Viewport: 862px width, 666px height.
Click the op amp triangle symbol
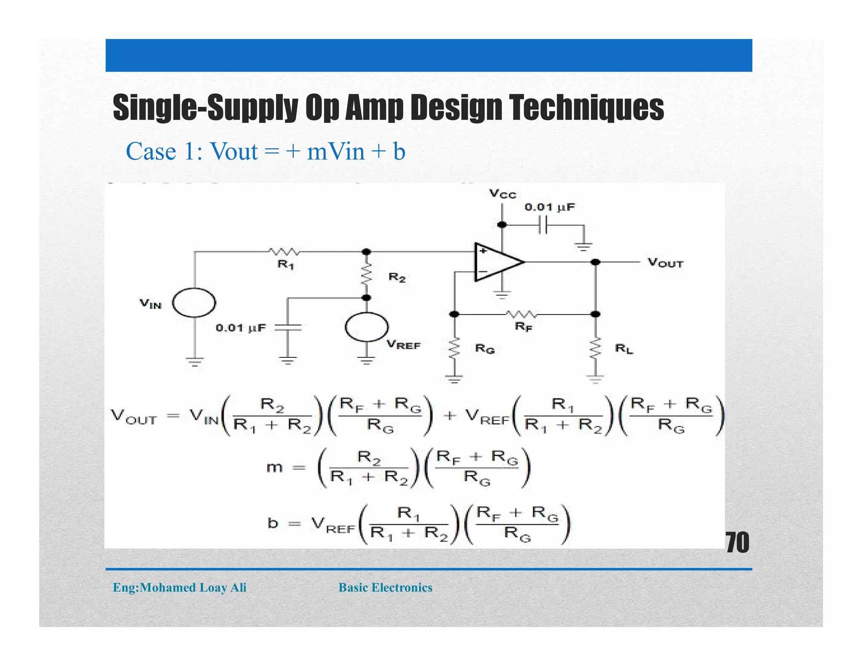tap(497, 262)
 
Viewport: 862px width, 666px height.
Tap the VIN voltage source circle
tap(194, 302)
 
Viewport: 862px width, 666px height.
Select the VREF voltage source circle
tap(366, 327)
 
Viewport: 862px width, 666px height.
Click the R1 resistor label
tap(286, 265)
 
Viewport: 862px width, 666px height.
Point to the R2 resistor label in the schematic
tap(397, 277)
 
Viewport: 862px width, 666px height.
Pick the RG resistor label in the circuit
tap(484, 349)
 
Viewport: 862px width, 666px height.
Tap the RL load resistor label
tap(624, 349)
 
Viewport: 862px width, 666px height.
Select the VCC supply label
tap(502, 194)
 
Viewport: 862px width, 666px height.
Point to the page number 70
tap(737, 543)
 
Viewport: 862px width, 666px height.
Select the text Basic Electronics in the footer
tap(385, 587)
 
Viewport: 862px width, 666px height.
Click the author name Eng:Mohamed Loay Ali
tap(179, 587)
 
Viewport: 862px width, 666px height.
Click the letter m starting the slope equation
tap(274, 467)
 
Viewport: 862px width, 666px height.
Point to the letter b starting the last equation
tap(273, 523)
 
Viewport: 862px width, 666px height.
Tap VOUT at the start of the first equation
tap(134, 417)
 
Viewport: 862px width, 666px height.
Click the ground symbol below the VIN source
tap(194, 362)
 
